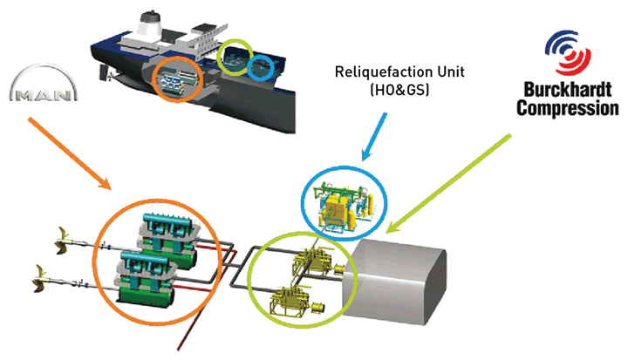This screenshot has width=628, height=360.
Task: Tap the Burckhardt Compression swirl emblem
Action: coord(568,52)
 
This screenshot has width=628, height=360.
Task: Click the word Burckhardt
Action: coord(568,90)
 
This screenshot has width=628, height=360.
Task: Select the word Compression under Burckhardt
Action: coord(568,108)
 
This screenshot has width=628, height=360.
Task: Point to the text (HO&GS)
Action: coord(399,89)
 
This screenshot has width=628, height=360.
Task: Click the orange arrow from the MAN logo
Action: coord(69,153)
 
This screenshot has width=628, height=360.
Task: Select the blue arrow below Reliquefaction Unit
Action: coord(374,137)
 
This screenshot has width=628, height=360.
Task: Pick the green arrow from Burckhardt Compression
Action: coord(448,183)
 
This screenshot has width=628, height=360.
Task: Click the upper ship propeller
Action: coord(63,241)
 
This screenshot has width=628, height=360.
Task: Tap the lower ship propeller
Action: coord(40,279)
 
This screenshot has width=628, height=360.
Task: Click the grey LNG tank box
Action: coord(394,282)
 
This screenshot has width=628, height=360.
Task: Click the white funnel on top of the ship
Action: coord(149,24)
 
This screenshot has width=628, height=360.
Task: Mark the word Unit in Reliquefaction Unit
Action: coord(451,72)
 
